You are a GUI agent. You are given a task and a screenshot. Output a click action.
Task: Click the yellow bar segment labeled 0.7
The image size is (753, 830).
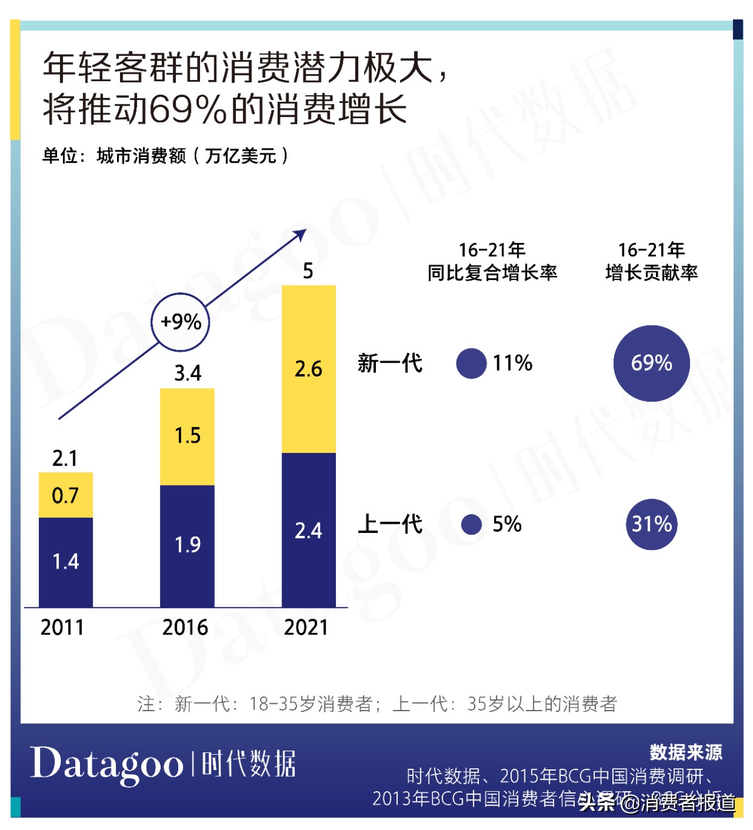coord(65,495)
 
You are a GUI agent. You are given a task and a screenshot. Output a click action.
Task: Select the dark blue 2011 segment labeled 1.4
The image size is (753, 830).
coord(65,561)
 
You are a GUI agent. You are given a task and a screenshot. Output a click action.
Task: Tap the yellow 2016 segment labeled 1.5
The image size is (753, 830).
coord(187,436)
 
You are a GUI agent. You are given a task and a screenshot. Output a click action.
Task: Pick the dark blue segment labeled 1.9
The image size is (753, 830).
coord(187,545)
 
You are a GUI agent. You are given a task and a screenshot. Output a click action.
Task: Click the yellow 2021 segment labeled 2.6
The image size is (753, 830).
coord(309,369)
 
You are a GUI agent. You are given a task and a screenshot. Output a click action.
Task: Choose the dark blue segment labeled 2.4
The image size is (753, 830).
coord(309,530)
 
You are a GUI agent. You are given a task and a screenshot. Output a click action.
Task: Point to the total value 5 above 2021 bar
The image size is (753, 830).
coord(308,271)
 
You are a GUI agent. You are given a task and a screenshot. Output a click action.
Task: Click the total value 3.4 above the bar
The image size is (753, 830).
coord(187,373)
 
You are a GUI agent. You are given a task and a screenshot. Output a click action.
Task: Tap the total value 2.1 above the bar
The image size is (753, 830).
coord(65,458)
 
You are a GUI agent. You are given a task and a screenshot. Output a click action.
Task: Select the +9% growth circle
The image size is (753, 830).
coord(180,322)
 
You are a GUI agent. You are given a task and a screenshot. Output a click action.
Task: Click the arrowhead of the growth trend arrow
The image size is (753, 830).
coord(300,234)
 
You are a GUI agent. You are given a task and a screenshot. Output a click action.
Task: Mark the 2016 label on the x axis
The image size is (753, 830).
coord(185,628)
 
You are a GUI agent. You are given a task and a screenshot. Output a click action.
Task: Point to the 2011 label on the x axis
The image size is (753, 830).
coord(62,628)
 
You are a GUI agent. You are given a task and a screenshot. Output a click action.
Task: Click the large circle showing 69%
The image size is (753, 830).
coord(651,363)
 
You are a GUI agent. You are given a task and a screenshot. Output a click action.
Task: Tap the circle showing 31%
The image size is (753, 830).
coord(651,524)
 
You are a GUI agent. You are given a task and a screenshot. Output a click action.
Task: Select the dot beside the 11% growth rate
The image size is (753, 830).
coord(471,363)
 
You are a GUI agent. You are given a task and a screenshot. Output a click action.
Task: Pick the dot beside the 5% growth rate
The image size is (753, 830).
coord(471,524)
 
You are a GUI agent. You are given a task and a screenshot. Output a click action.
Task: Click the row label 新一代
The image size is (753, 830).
coord(390,363)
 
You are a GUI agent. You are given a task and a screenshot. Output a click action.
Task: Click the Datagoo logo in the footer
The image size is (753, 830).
coord(107,764)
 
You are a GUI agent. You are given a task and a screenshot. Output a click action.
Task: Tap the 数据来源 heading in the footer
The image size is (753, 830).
coord(686,752)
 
